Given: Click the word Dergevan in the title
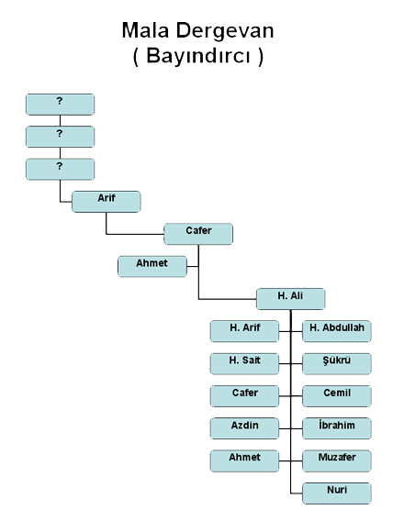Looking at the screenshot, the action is [x=225, y=32].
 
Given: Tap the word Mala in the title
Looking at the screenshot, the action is [x=146, y=30].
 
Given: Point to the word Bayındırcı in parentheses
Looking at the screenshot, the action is [x=197, y=56].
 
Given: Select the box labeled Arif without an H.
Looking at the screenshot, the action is [x=107, y=202].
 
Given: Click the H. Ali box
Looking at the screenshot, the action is [x=291, y=299].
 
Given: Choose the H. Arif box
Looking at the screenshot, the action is [x=244, y=331].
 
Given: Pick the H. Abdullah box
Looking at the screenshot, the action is [x=337, y=331].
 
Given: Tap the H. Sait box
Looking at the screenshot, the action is [x=244, y=364].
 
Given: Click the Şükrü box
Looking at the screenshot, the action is [x=337, y=364].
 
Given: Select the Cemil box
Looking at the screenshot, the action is [x=337, y=396].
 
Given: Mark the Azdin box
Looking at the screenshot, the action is [x=244, y=428].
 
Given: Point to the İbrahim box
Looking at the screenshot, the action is [x=337, y=428].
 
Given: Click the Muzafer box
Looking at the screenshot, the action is [x=337, y=460].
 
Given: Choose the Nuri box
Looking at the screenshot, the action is [x=337, y=493].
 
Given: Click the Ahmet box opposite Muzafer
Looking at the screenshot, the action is [x=244, y=460].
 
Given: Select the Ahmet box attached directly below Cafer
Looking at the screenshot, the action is [x=152, y=267].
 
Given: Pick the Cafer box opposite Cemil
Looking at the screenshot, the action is [x=244, y=396].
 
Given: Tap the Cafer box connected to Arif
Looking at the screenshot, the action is [x=198, y=234].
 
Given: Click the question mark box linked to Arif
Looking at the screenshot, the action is [x=61, y=170].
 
